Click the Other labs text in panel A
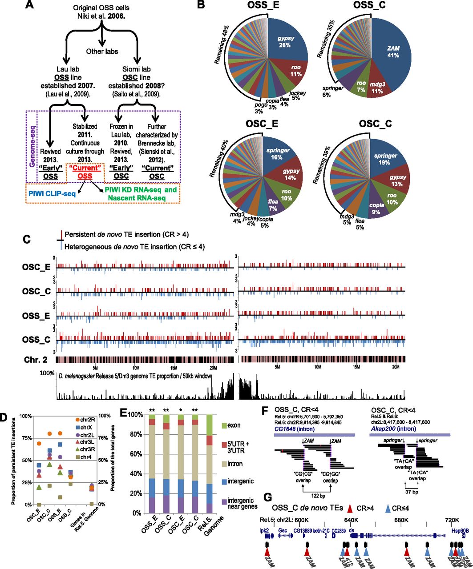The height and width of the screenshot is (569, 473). click(x=102, y=51)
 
